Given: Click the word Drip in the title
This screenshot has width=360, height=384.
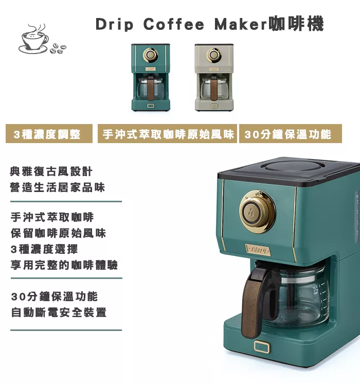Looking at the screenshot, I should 114,24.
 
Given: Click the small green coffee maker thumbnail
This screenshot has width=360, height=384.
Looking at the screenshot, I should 150,77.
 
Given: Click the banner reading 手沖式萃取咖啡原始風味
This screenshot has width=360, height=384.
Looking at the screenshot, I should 168,134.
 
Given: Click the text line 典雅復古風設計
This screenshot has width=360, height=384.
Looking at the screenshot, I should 51,171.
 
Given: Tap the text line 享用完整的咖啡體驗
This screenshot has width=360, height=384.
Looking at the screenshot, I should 64,265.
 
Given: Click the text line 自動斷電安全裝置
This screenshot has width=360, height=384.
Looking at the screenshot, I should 59,312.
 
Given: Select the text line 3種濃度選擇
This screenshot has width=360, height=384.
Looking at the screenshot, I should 44,249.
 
